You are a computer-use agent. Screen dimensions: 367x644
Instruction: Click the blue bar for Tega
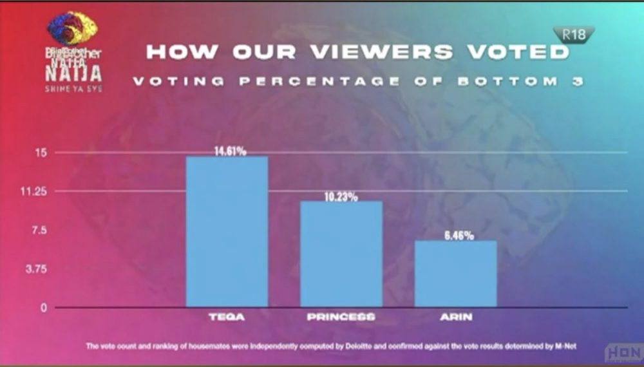[x=227, y=232]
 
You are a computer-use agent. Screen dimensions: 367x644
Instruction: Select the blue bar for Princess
[x=341, y=254]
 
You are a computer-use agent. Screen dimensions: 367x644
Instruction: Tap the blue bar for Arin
[x=455, y=274]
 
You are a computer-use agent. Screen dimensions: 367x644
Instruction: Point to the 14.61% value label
[x=230, y=151]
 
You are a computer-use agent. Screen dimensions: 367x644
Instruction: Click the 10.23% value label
[x=341, y=197]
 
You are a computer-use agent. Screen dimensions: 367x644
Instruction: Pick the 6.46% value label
[x=459, y=236]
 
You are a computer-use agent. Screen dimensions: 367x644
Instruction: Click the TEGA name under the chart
[x=227, y=317]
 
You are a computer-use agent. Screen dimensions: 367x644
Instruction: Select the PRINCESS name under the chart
[x=341, y=317]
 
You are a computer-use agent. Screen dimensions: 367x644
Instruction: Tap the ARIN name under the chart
[x=455, y=317]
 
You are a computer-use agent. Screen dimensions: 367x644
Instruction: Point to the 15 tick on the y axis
[x=44, y=153]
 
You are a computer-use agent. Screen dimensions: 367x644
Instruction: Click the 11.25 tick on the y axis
[x=39, y=191]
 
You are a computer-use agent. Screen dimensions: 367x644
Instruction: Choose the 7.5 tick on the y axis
[x=42, y=230]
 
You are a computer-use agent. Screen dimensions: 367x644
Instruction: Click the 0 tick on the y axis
[x=44, y=308]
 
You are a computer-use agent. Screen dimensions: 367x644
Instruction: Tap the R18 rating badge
[x=573, y=35]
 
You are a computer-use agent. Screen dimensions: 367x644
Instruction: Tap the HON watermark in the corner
[x=622, y=353]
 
